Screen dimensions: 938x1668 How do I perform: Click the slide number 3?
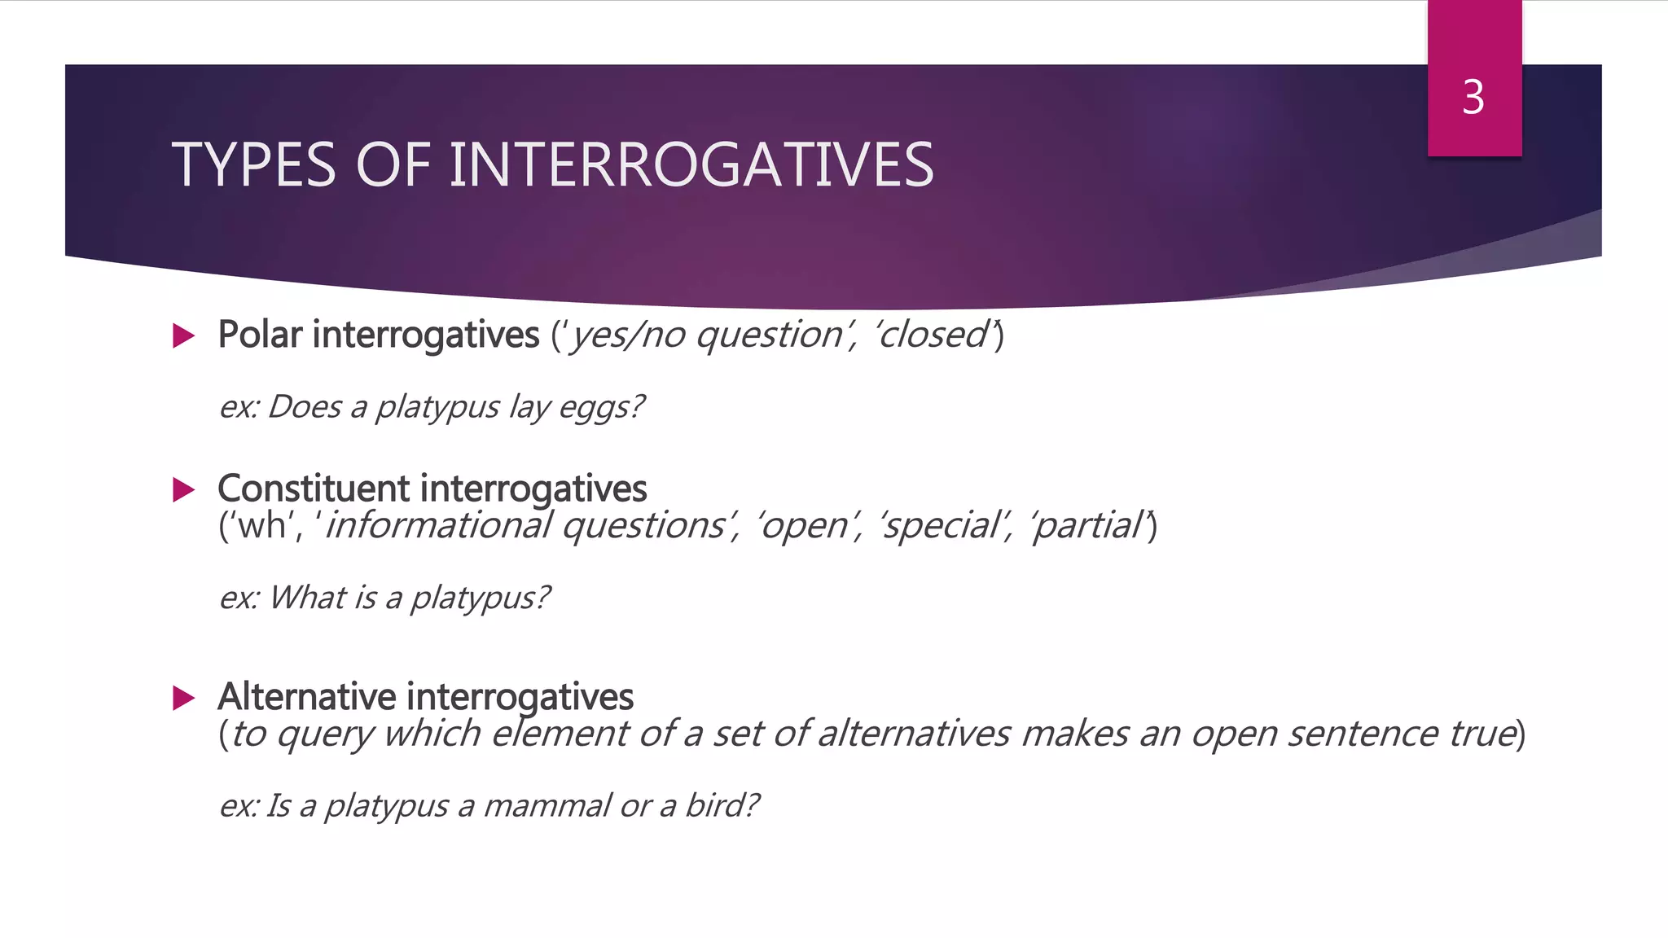[x=1473, y=98]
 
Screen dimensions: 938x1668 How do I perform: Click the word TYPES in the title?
[x=253, y=165]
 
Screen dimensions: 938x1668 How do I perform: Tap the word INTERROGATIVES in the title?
[x=691, y=165]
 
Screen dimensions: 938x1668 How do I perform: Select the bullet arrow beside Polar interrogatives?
[x=184, y=335]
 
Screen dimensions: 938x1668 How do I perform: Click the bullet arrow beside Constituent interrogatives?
[x=184, y=489]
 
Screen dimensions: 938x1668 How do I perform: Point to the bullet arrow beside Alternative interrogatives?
[x=184, y=698]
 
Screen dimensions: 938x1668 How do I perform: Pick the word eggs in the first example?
[x=601, y=407]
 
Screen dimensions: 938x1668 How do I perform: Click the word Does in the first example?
[x=304, y=406]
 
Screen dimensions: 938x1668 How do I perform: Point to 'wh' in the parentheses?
[x=261, y=526]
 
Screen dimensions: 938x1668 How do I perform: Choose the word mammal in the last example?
[x=546, y=806]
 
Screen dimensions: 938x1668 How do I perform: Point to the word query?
[x=324, y=734]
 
